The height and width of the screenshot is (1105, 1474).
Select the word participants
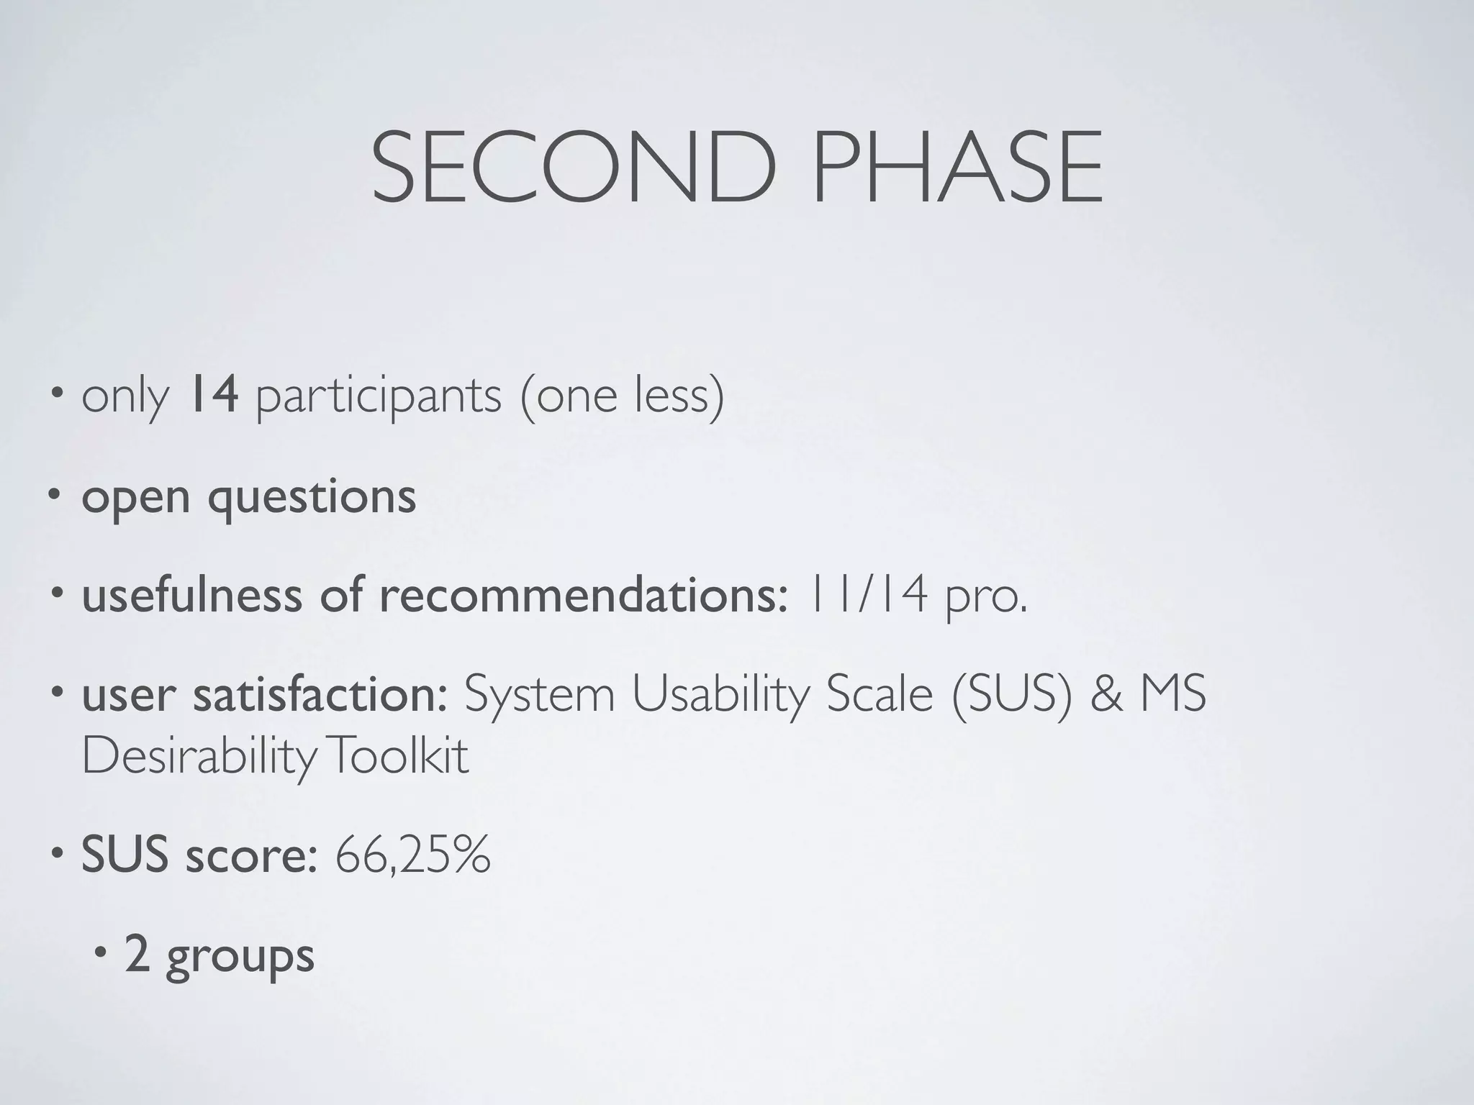click(x=379, y=397)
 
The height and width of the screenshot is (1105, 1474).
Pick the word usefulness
click(x=191, y=596)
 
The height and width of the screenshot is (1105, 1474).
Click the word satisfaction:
click(x=320, y=695)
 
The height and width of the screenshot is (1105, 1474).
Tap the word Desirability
click(x=199, y=757)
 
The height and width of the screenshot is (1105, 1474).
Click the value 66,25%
click(x=413, y=856)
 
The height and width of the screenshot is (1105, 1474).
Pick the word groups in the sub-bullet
click(x=240, y=957)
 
